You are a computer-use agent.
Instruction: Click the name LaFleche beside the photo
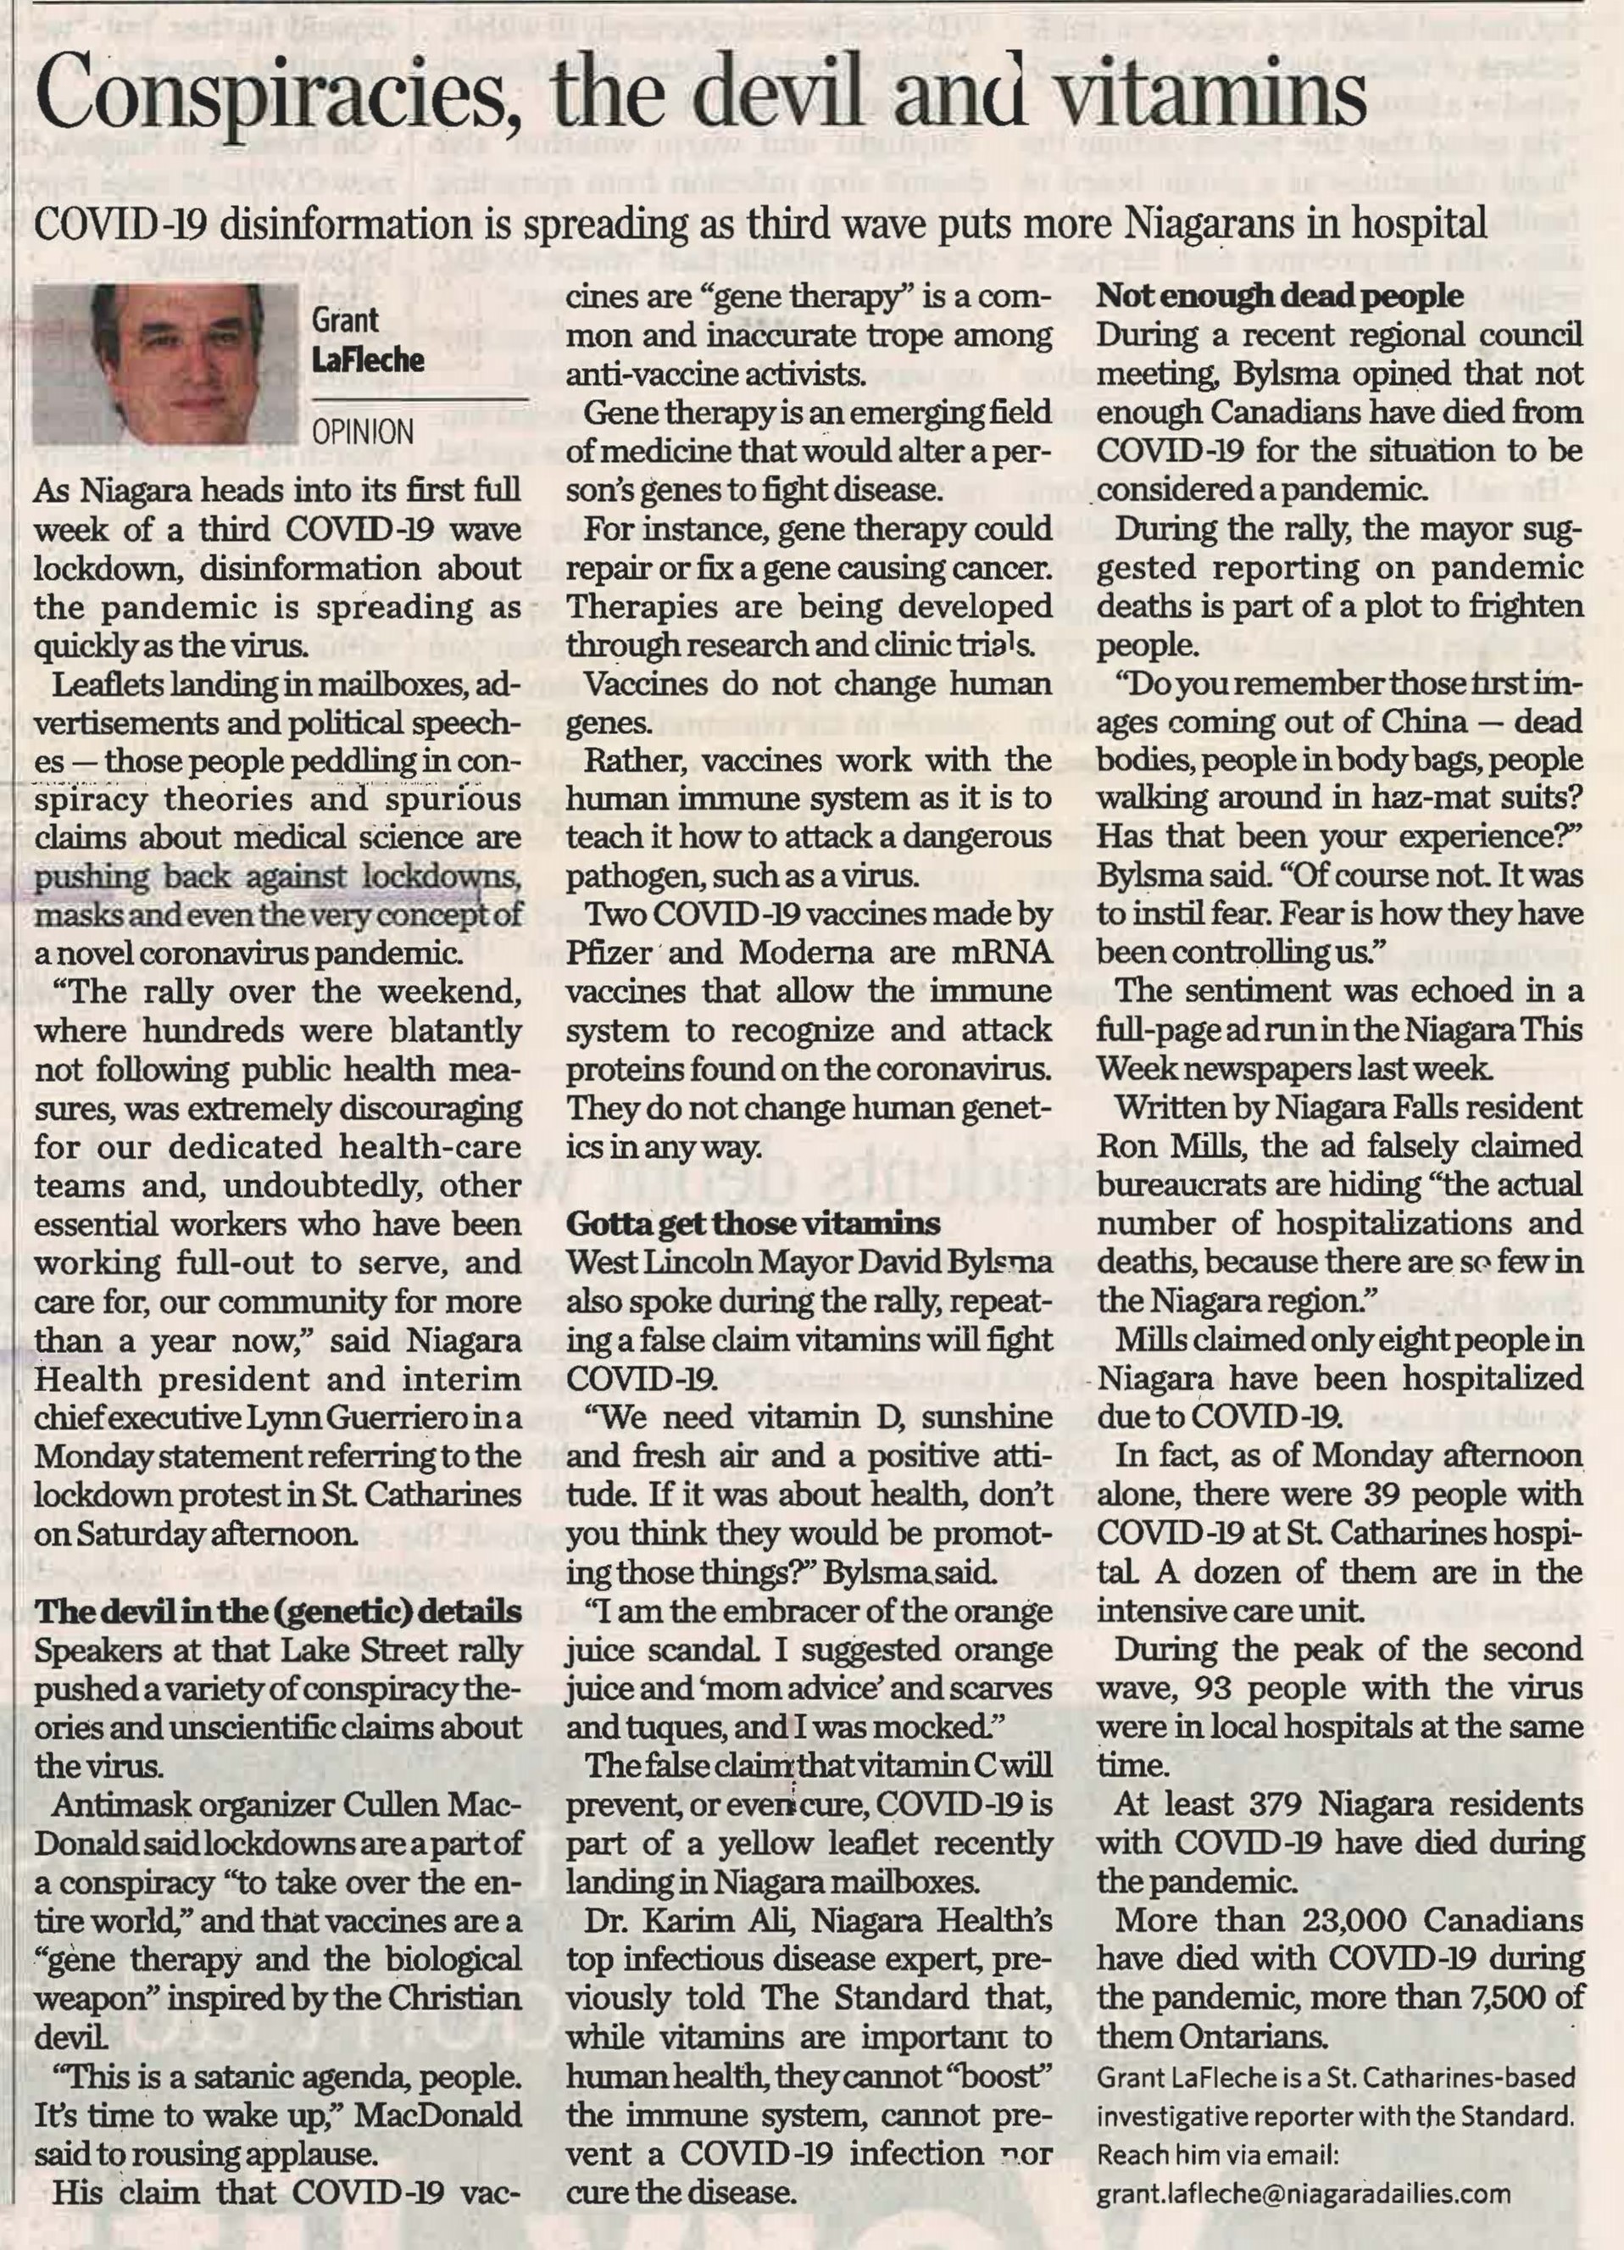coord(367,359)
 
